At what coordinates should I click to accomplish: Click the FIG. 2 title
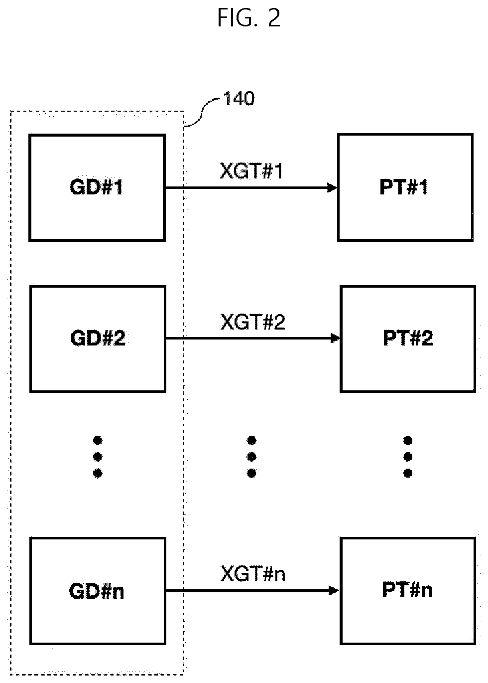[249, 18]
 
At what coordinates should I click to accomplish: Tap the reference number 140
[239, 99]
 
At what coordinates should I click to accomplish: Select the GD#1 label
[96, 187]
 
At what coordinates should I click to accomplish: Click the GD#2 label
[98, 338]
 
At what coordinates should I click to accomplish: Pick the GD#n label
[97, 591]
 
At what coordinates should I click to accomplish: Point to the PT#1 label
[404, 187]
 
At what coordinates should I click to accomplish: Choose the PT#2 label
[408, 338]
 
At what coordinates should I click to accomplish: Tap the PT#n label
[407, 591]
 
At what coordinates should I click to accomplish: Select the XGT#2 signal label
[252, 322]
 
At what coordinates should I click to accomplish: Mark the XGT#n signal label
[252, 574]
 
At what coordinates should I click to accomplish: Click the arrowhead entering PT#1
[332, 187]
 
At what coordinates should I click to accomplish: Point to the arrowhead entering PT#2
[335, 338]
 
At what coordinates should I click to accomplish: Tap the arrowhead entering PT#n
[334, 591]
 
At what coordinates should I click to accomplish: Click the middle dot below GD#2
[98, 457]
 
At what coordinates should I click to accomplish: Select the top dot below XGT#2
[251, 440]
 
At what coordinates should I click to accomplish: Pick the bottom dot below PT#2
[408, 473]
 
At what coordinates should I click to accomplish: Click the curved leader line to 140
[202, 113]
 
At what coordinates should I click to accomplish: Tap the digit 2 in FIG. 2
[274, 18]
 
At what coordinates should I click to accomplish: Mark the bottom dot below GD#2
[98, 473]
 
